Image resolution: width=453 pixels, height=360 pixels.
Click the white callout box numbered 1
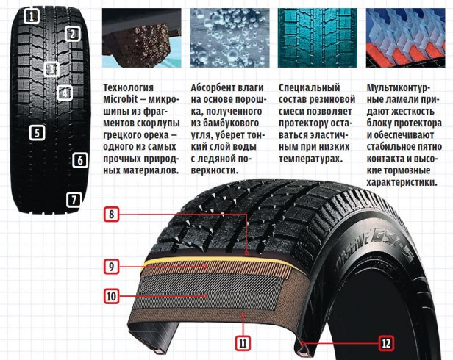[x=32, y=16]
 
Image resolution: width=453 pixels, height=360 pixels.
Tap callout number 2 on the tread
[x=72, y=34]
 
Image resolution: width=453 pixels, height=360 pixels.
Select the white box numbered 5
[x=38, y=133]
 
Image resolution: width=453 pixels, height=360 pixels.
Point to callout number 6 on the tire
[x=80, y=160]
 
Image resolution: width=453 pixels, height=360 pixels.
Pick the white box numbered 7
[x=74, y=200]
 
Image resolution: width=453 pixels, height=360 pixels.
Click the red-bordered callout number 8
[x=111, y=215]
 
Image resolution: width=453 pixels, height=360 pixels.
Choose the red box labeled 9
[x=111, y=267]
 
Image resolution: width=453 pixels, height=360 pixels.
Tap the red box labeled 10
[x=111, y=296]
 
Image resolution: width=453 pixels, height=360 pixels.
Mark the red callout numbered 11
[x=243, y=343]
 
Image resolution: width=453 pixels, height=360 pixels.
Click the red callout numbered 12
[x=386, y=343]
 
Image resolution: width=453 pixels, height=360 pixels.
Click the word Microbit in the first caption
[x=121, y=100]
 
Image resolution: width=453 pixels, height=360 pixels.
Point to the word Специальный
[x=310, y=87]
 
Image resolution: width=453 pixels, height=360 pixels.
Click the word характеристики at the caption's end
[x=402, y=183]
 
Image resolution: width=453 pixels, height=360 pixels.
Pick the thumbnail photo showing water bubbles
[x=229, y=37]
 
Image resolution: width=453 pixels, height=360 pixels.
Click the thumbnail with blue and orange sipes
[x=406, y=37]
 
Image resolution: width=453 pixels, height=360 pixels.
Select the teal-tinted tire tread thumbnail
[x=318, y=37]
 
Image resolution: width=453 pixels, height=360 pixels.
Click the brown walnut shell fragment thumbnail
[x=142, y=37]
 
